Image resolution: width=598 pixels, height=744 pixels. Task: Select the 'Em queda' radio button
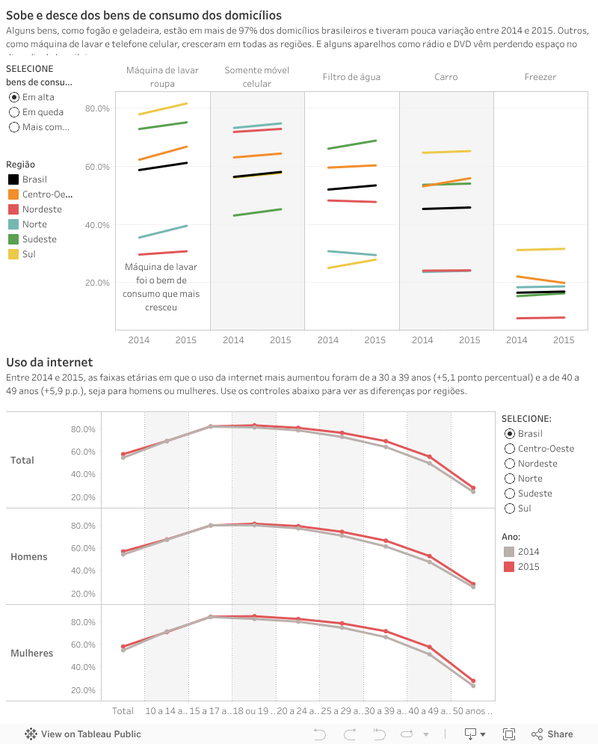(14, 112)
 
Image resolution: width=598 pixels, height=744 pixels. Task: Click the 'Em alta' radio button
(14, 97)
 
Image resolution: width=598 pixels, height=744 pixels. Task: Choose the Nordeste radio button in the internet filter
(510, 464)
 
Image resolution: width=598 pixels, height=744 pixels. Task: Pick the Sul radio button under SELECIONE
(510, 508)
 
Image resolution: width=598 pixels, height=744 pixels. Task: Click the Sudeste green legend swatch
(13, 239)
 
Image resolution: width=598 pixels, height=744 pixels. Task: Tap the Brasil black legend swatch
(13, 179)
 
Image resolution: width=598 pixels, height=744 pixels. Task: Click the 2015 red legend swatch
(509, 567)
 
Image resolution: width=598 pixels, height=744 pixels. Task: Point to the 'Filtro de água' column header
(351, 77)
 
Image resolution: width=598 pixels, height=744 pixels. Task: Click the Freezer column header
(540, 77)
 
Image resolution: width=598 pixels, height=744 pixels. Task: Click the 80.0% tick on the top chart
(97, 108)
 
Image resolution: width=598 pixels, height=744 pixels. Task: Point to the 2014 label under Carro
(422, 340)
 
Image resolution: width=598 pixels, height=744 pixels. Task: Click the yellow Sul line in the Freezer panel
(540, 249)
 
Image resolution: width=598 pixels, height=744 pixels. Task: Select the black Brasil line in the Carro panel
(446, 208)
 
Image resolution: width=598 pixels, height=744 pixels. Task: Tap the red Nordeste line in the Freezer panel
(540, 318)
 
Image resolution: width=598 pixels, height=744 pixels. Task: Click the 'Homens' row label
(29, 557)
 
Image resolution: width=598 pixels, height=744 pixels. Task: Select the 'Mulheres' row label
(32, 654)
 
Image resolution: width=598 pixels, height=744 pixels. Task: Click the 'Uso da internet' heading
(49, 363)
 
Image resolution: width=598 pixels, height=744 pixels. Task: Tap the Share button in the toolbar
(552, 734)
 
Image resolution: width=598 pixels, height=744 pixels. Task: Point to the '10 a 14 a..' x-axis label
(166, 711)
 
